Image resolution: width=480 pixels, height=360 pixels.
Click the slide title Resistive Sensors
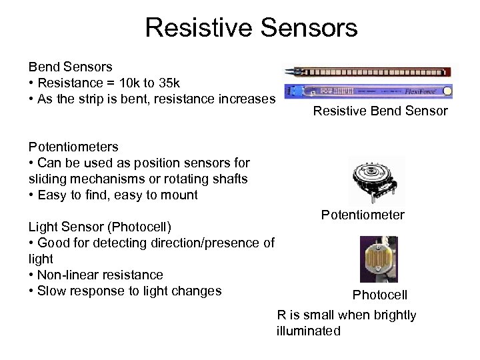(251, 28)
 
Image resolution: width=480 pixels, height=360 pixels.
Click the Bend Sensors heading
(70, 67)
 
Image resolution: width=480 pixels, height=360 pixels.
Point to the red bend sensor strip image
(368, 71)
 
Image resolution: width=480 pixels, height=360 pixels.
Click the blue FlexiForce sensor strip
(368, 91)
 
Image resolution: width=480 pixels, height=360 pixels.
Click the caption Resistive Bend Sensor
(380, 111)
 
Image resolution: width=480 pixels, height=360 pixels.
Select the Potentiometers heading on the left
(73, 147)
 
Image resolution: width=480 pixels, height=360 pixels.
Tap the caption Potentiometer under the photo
(363, 215)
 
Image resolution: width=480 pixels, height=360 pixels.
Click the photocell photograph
(379, 260)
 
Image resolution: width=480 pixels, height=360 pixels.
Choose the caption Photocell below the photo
(379, 295)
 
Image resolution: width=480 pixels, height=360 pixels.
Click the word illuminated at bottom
(308, 331)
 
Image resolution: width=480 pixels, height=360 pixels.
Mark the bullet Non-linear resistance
(100, 275)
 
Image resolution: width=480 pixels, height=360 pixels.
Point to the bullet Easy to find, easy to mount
(117, 195)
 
